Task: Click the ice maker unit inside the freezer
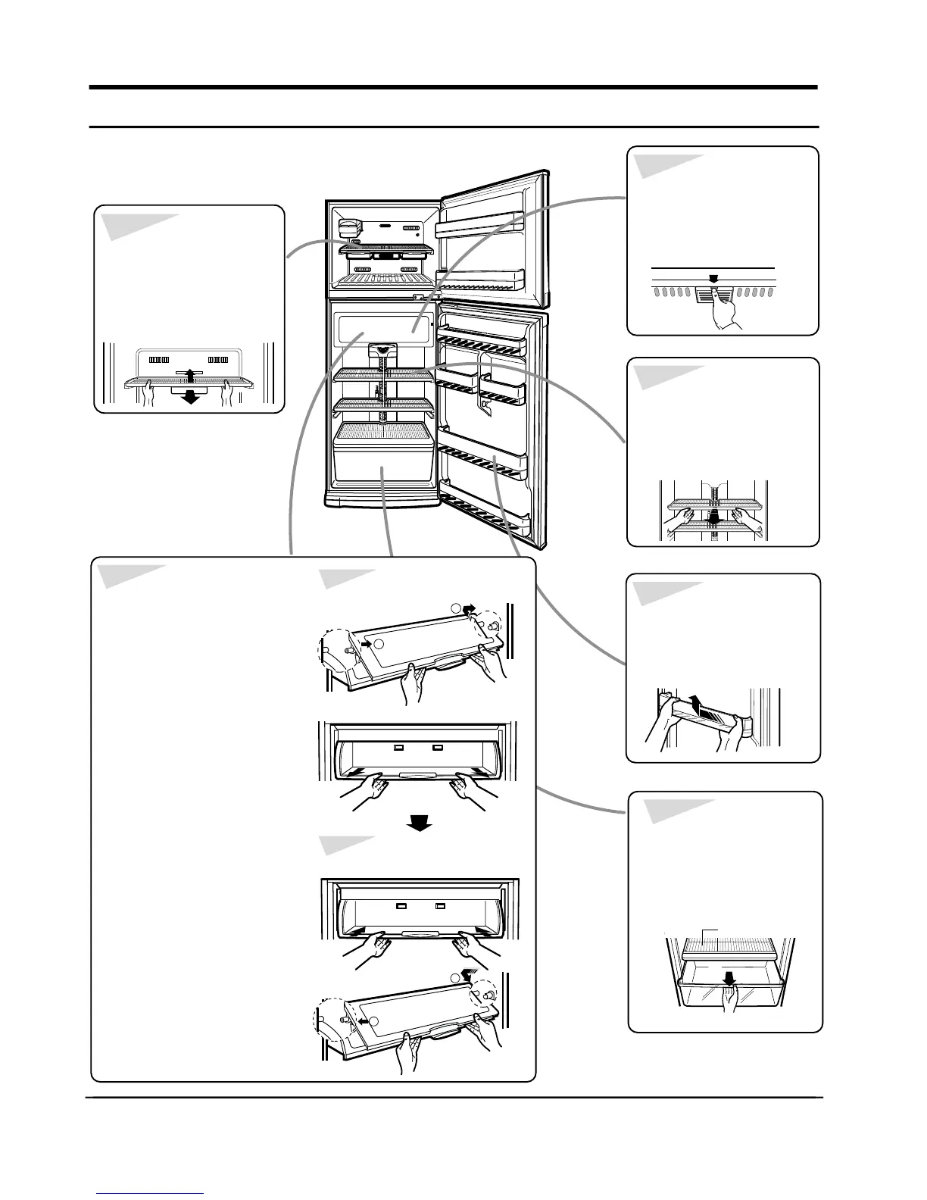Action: click(349, 227)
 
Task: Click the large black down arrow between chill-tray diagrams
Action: click(419, 823)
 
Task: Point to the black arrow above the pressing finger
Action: click(713, 278)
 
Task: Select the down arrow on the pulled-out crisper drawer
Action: click(729, 979)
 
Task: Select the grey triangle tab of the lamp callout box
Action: click(666, 165)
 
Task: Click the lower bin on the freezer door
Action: click(482, 280)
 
